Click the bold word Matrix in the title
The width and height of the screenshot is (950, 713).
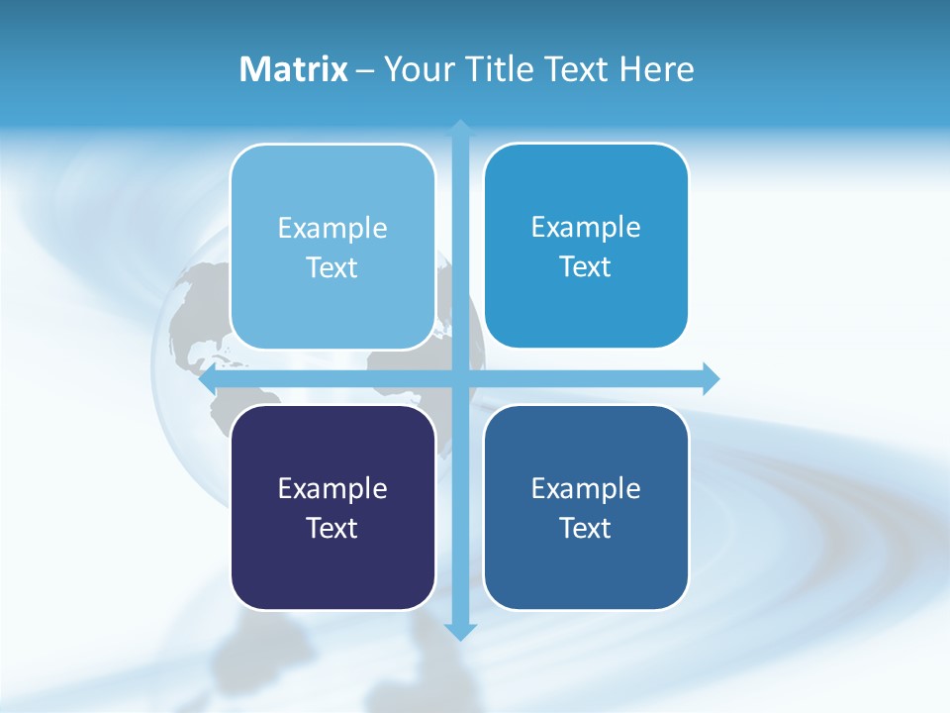(x=293, y=69)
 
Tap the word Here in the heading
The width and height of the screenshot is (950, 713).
(x=656, y=69)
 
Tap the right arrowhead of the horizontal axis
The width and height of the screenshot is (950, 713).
(x=711, y=378)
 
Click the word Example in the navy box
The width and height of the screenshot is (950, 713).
(x=332, y=488)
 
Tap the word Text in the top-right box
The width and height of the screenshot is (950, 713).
(x=586, y=266)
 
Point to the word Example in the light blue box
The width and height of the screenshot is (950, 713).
(x=332, y=228)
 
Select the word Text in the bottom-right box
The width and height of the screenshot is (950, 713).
(x=586, y=528)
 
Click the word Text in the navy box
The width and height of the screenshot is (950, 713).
(x=332, y=528)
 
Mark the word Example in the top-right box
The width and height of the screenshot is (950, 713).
(x=586, y=227)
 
